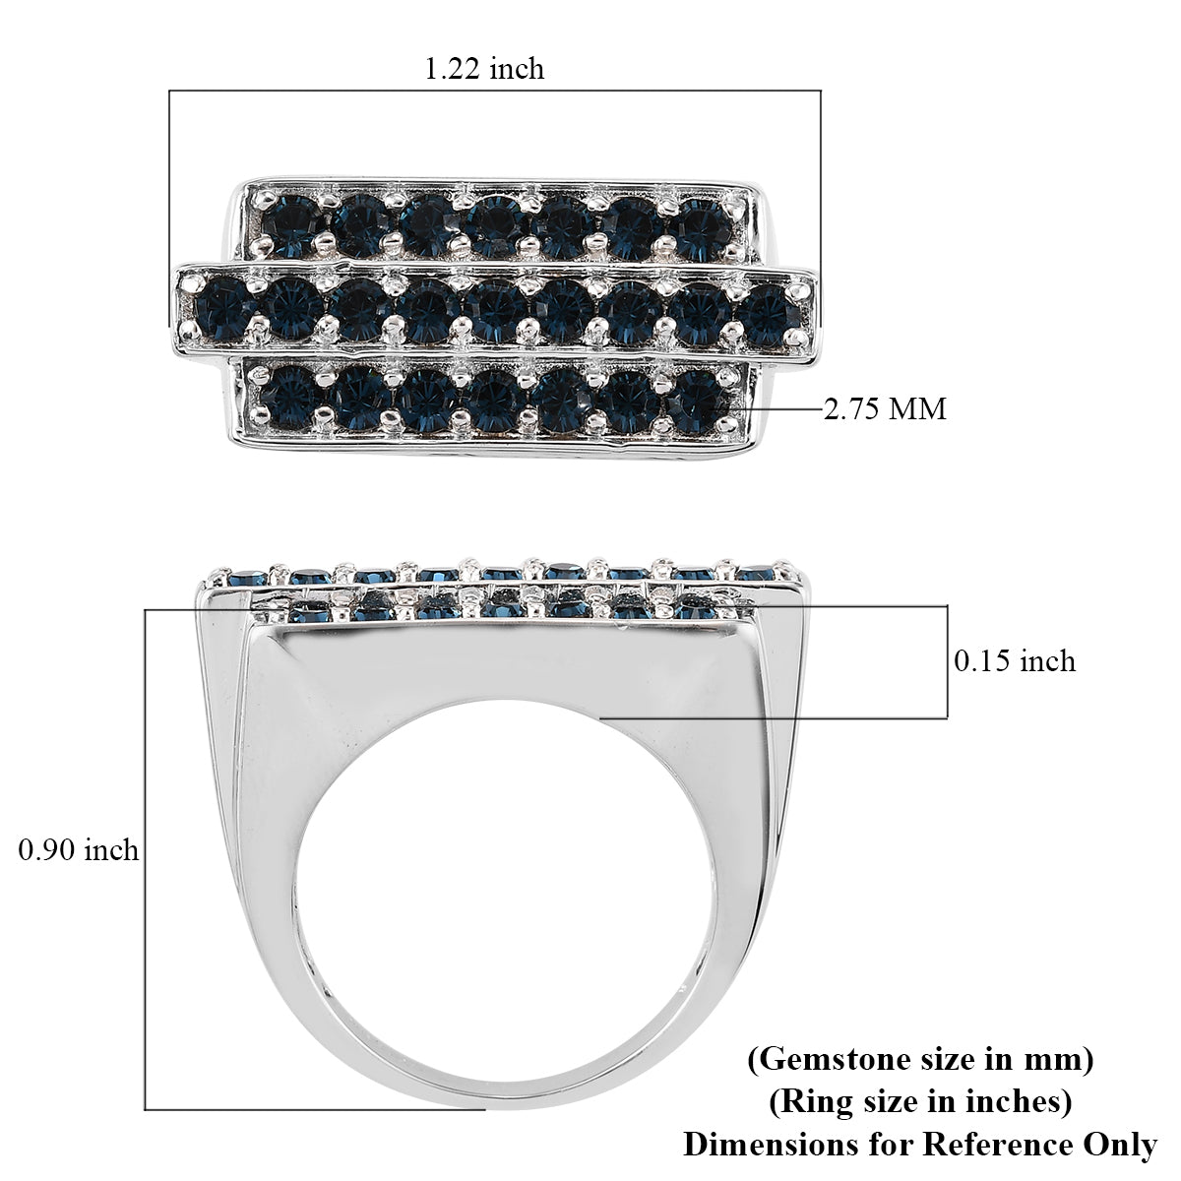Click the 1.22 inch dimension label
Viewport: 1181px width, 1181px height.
(483, 68)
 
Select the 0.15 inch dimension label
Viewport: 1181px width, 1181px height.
(1015, 660)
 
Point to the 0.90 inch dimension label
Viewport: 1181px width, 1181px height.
(79, 848)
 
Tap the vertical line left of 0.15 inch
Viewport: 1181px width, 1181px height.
(947, 661)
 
